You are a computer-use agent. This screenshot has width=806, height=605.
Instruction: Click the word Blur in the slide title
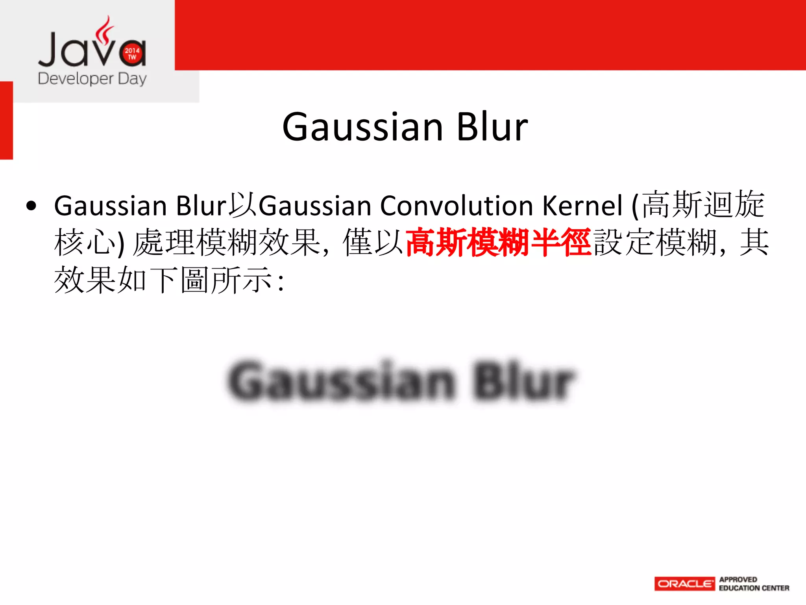pyautogui.click(x=492, y=127)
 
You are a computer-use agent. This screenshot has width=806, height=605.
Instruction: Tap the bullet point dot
pyautogui.click(x=31, y=206)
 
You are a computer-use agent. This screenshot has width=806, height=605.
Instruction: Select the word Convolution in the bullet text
pyautogui.click(x=457, y=206)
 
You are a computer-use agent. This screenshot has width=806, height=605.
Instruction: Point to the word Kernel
pyautogui.click(x=582, y=206)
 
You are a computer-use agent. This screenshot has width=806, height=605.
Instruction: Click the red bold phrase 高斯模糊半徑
pyautogui.click(x=498, y=242)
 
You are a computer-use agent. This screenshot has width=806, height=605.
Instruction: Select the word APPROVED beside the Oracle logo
pyautogui.click(x=738, y=579)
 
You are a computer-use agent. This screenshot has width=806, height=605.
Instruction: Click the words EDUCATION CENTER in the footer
pyautogui.click(x=754, y=588)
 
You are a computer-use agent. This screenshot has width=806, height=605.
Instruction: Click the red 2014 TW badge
pyautogui.click(x=132, y=54)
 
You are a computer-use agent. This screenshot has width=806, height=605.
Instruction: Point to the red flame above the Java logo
pyautogui.click(x=104, y=30)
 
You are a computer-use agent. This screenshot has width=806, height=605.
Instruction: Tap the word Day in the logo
pyautogui.click(x=132, y=78)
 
